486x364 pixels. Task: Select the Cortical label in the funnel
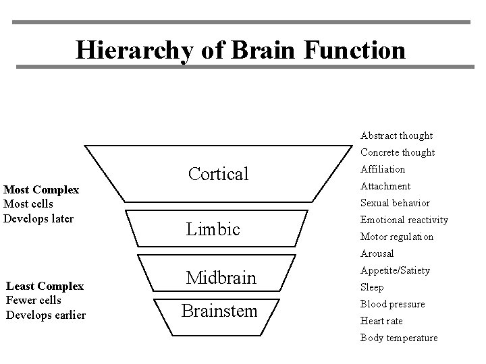pyautogui.click(x=219, y=174)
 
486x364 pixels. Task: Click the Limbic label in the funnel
pyautogui.click(x=213, y=229)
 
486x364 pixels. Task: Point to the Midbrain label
pyautogui.click(x=221, y=277)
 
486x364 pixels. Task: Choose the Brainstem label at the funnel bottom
pyautogui.click(x=221, y=311)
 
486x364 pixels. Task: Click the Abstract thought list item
pyautogui.click(x=396, y=135)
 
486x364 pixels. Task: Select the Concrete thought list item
pyautogui.click(x=398, y=152)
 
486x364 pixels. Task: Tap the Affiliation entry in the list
pyautogui.click(x=383, y=169)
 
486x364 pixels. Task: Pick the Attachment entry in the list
pyautogui.click(x=385, y=186)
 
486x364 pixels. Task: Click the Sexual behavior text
pyautogui.click(x=395, y=203)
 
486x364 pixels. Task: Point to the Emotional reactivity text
pyautogui.click(x=404, y=220)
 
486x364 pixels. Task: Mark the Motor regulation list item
pyautogui.click(x=397, y=237)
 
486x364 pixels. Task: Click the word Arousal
pyautogui.click(x=377, y=253)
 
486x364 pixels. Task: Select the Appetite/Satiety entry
pyautogui.click(x=395, y=270)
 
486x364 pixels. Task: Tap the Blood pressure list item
pyautogui.click(x=392, y=304)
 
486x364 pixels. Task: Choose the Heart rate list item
pyautogui.click(x=381, y=321)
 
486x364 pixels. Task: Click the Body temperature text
pyautogui.click(x=398, y=338)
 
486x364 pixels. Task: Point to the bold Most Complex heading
pyautogui.click(x=41, y=190)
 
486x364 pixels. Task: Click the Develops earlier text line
pyautogui.click(x=45, y=315)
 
